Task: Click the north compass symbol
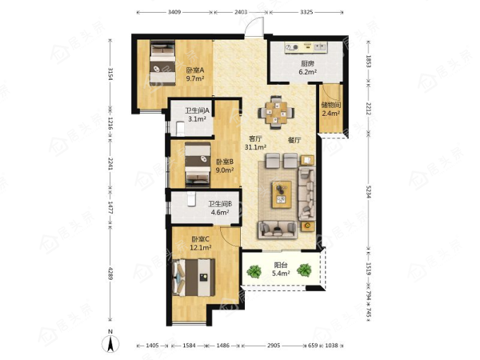tap(111, 343)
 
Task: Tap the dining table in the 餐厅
tap(276, 112)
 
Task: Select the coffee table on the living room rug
tap(282, 194)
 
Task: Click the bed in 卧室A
tap(162, 63)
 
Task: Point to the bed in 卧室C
tap(193, 277)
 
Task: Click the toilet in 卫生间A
tap(181, 129)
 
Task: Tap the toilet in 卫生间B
tap(191, 199)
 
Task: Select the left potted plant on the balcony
tap(254, 270)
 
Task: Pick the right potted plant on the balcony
tap(304, 270)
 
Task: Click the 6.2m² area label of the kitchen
tap(308, 72)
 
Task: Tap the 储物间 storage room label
tap(331, 105)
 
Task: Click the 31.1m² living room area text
tap(256, 148)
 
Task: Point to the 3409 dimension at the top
tap(174, 12)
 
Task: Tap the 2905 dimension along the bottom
tap(273, 345)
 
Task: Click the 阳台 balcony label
tap(281, 265)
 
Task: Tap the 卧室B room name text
tap(225, 162)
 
